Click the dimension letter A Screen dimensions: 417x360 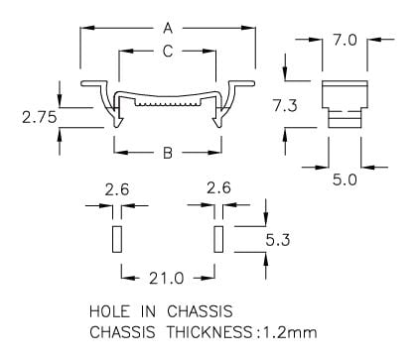tap(168, 28)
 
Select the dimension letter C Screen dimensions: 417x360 tap(168, 52)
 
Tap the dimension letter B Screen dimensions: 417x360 tap(168, 153)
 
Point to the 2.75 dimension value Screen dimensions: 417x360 tap(40, 117)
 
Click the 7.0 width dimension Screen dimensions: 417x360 tap(345, 41)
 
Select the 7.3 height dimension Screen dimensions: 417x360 tap(285, 106)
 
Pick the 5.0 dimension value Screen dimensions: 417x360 tap(345, 180)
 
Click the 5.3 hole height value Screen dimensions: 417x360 tap(278, 240)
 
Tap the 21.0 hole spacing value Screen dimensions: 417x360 tap(166, 279)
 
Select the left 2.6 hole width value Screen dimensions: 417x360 tap(117, 190)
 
